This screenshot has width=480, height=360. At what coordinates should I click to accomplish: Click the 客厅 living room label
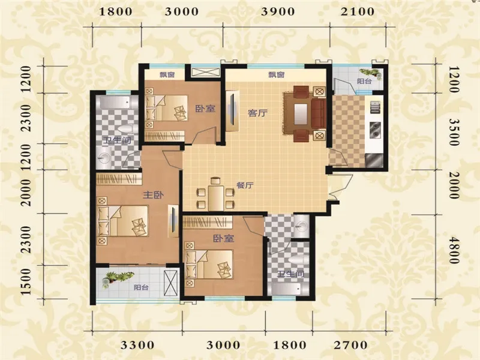(x=257, y=113)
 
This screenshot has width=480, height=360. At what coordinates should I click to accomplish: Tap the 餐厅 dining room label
(x=245, y=185)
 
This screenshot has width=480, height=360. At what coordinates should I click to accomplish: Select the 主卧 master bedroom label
(x=154, y=194)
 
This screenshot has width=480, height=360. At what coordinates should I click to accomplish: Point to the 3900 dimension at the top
(x=278, y=11)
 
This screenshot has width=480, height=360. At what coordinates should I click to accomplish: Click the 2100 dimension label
(x=358, y=11)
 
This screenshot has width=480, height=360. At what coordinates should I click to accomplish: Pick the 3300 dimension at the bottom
(x=137, y=346)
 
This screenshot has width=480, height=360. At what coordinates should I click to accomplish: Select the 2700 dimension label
(x=350, y=346)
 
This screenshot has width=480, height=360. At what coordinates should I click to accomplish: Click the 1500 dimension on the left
(x=26, y=281)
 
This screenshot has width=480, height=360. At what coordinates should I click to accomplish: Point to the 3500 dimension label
(x=454, y=132)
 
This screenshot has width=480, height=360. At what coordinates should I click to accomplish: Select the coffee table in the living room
(x=301, y=114)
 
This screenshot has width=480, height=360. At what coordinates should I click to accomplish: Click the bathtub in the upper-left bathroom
(x=113, y=103)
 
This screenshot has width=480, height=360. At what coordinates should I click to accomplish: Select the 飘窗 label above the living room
(x=277, y=74)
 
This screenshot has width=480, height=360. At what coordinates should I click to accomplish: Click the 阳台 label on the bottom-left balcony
(x=141, y=287)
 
